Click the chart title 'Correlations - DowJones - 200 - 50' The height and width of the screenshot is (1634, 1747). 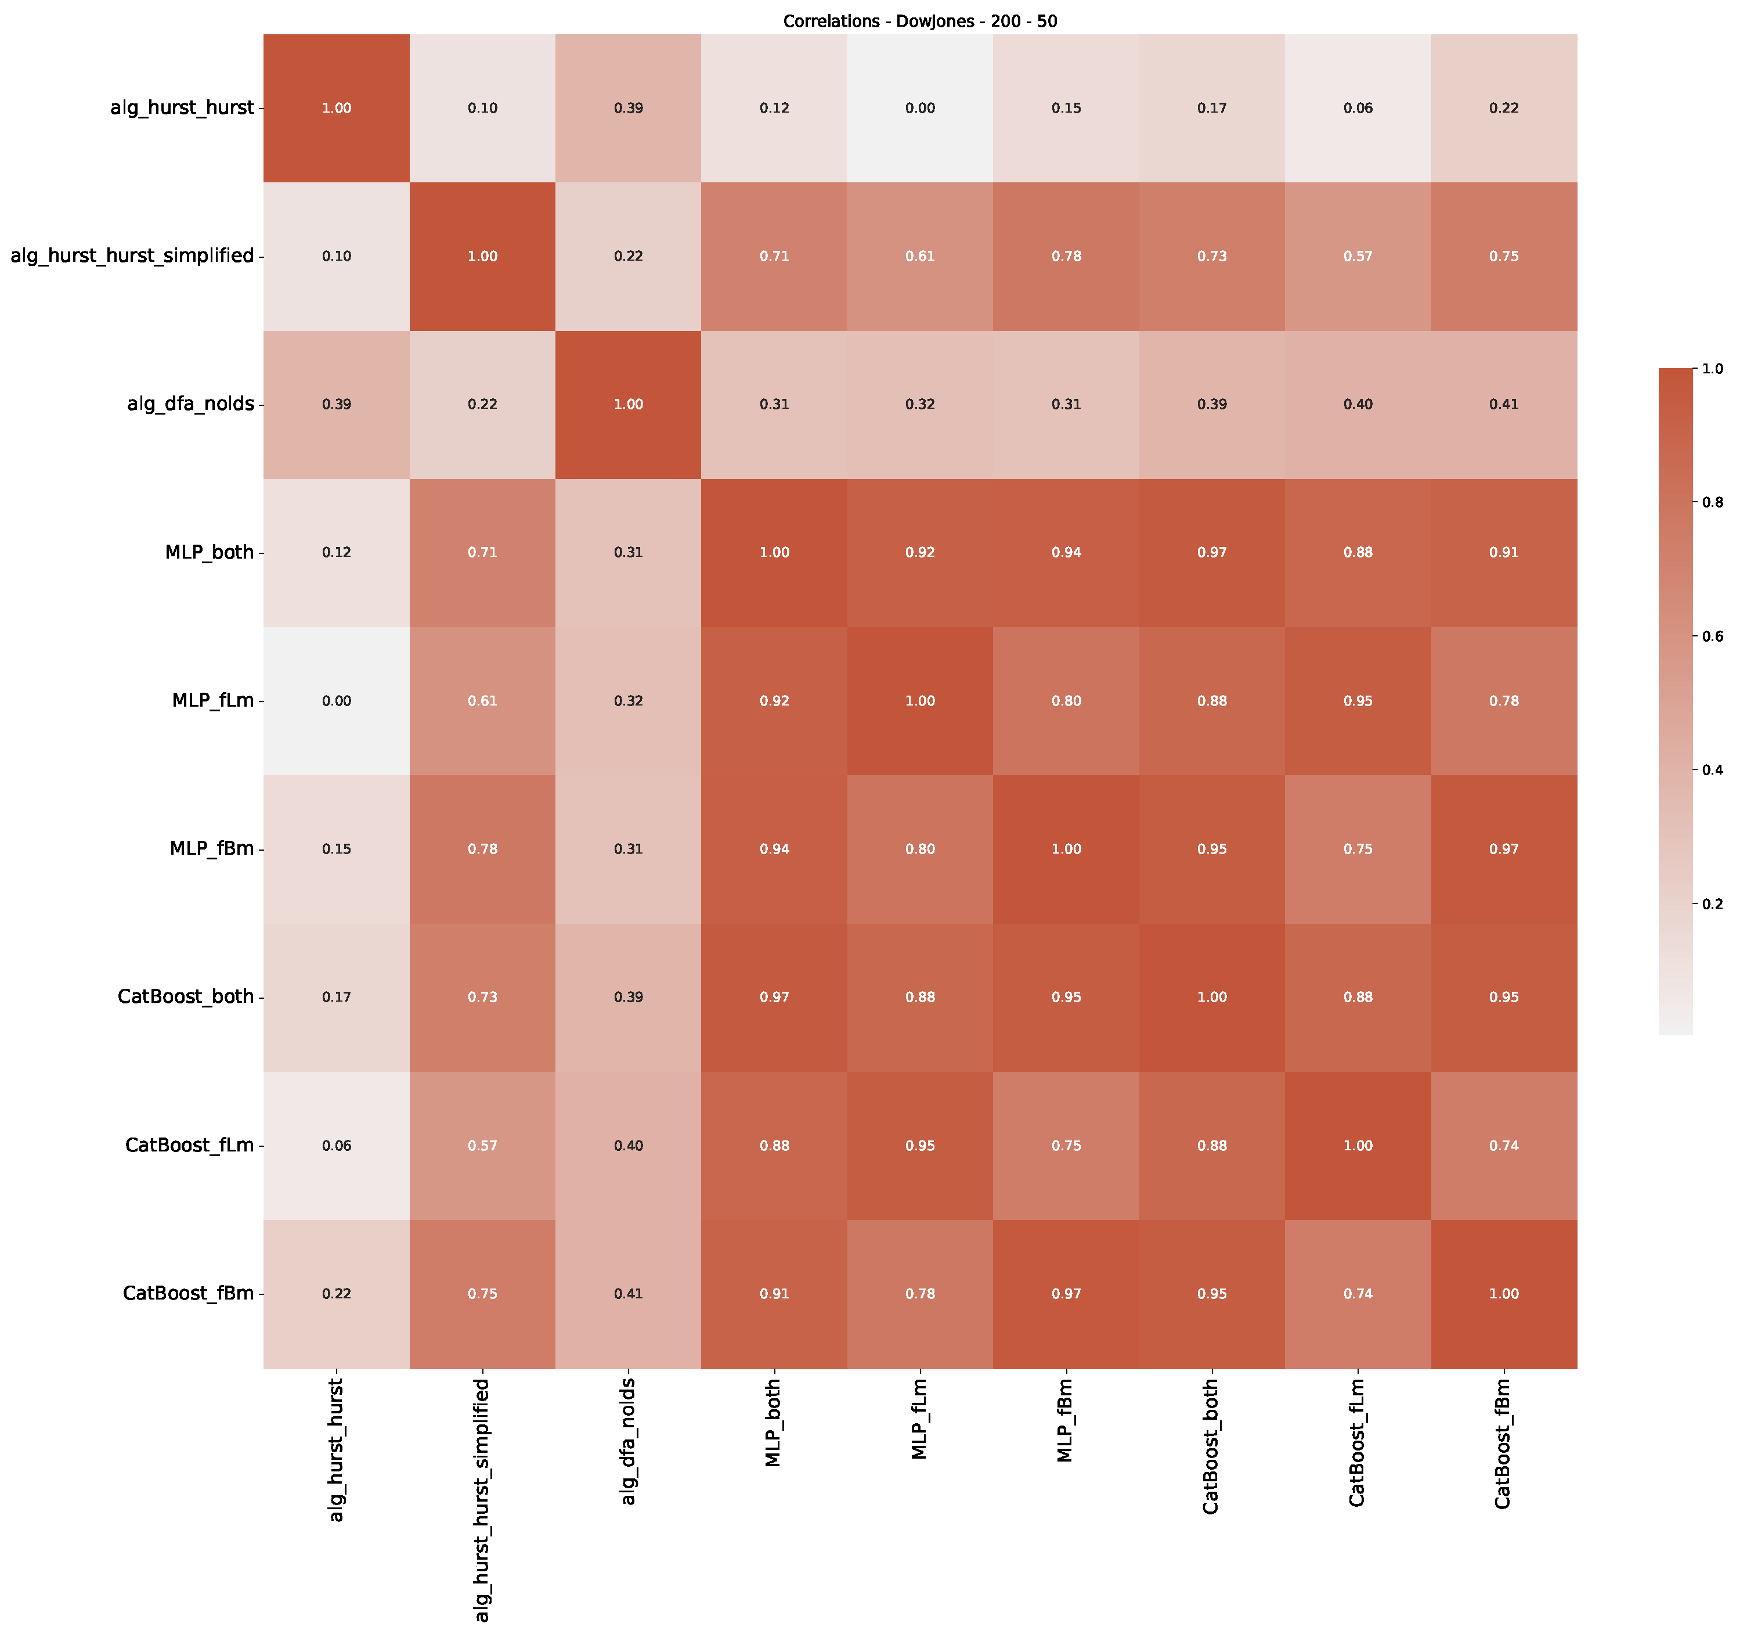pyautogui.click(x=919, y=21)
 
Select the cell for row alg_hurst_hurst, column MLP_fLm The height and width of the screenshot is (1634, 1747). pyautogui.click(x=920, y=108)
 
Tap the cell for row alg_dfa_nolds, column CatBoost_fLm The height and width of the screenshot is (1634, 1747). pyautogui.click(x=1358, y=404)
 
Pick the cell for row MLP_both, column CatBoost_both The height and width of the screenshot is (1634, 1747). pyautogui.click(x=1212, y=552)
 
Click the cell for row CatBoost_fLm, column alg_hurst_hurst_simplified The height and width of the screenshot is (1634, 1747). pyautogui.click(x=482, y=1145)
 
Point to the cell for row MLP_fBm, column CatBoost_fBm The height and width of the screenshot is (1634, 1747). pyautogui.click(x=1504, y=849)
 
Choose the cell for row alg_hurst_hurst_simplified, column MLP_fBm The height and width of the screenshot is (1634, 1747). pyautogui.click(x=1066, y=255)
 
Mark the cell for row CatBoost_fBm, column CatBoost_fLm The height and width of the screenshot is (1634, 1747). pyautogui.click(x=1358, y=1293)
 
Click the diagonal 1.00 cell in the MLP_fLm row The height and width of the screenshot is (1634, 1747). pyautogui.click(x=920, y=700)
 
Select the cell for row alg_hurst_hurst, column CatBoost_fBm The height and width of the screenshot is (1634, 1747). pyautogui.click(x=1504, y=108)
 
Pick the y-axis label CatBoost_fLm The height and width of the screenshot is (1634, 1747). pyautogui.click(x=189, y=1145)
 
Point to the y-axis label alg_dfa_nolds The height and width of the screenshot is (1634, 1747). pyautogui.click(x=191, y=404)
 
